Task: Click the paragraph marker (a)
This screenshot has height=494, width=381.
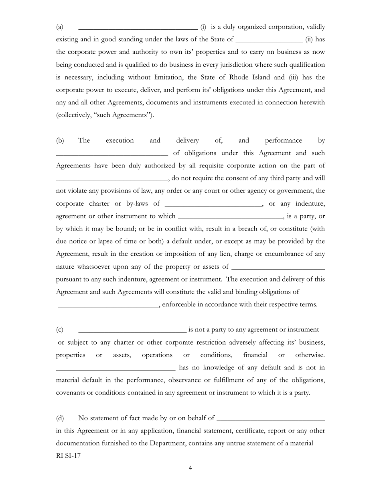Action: [59, 27]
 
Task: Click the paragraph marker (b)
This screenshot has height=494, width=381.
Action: [60, 140]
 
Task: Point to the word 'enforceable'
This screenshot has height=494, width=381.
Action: [179, 304]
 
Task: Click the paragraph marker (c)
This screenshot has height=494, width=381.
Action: [59, 330]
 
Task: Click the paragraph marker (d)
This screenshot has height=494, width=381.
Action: [60, 418]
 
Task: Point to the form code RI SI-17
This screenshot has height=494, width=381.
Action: [68, 456]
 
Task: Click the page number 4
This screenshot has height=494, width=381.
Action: [190, 468]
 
